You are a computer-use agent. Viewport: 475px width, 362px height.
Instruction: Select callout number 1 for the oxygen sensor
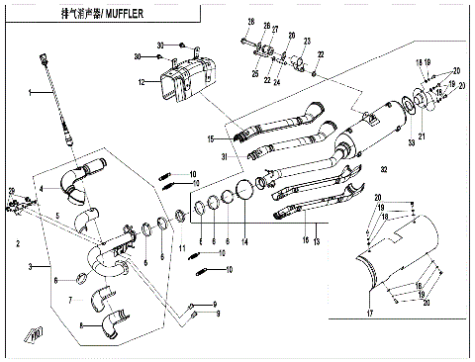coord(31,93)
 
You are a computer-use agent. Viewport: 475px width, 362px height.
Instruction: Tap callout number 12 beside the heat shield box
coord(142,82)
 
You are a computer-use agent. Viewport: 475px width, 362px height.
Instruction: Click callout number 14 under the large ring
coord(244,241)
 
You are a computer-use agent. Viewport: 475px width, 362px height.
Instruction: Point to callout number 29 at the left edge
coord(12,190)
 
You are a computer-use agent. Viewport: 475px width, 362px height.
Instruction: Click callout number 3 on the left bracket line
coord(33,267)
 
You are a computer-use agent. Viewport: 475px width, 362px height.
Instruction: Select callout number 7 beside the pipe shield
coord(71,298)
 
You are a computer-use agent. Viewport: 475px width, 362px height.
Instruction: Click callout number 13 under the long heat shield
coord(316,240)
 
